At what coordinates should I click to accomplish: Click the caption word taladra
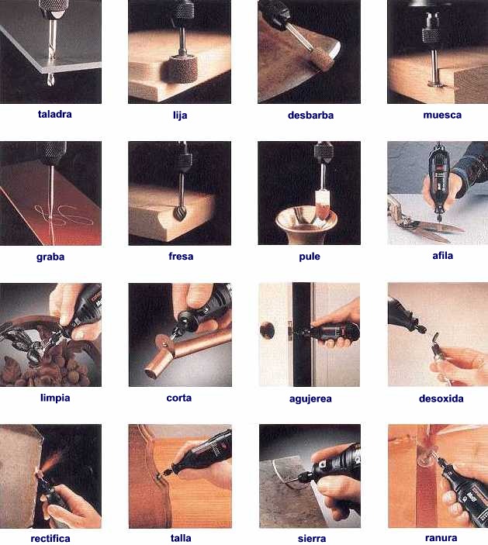tap(54, 114)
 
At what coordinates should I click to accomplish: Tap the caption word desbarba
tap(310, 115)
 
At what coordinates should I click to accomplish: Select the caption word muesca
tap(442, 115)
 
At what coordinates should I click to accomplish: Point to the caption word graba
tap(50, 257)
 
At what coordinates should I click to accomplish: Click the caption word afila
tap(442, 256)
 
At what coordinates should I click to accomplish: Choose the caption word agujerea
tap(310, 398)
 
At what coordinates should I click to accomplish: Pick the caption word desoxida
tap(441, 398)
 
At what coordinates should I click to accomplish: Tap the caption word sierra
tap(312, 538)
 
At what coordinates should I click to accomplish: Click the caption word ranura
tap(441, 538)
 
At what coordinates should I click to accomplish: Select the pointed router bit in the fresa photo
tap(180, 213)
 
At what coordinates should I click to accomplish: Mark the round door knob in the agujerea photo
tap(267, 329)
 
